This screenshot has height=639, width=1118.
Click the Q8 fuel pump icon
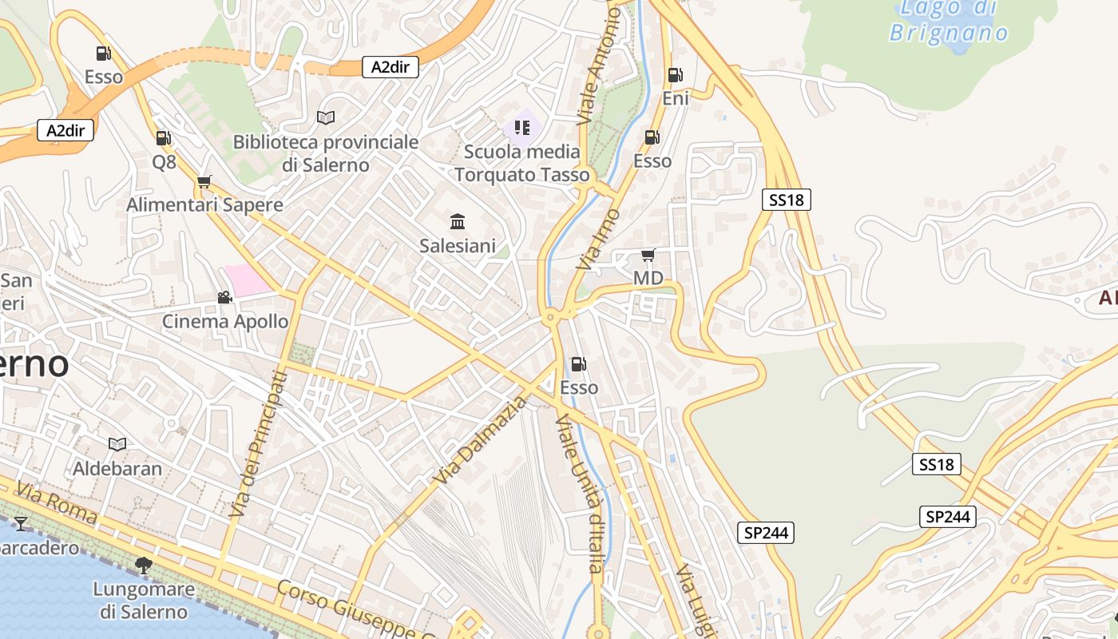(x=163, y=138)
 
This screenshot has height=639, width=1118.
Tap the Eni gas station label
(x=676, y=98)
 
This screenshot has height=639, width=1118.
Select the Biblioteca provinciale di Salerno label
(x=326, y=153)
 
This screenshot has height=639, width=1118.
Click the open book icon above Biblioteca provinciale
(x=326, y=117)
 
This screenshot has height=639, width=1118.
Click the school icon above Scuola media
(x=522, y=128)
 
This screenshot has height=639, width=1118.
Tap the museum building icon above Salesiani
(x=458, y=221)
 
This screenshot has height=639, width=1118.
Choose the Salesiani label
(x=458, y=246)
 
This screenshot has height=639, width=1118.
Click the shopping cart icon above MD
(x=648, y=255)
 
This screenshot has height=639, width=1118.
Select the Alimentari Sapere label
(x=204, y=205)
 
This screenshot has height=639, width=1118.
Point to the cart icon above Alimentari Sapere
(x=204, y=181)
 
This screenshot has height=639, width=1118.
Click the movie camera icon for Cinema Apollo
(x=225, y=298)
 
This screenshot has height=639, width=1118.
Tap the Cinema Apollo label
(x=225, y=321)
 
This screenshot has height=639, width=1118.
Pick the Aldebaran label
(x=117, y=468)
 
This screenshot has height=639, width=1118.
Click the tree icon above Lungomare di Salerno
(x=144, y=566)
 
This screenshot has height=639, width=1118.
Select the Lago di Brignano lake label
(x=949, y=21)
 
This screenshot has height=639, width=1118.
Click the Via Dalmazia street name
(x=482, y=440)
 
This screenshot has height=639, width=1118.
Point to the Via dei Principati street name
(x=258, y=443)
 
